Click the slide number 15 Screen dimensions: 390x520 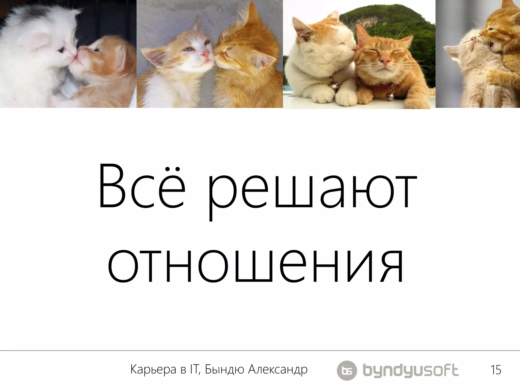496,370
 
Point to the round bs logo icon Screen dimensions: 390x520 347,370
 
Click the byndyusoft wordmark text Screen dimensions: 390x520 411,370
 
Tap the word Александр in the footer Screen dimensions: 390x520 278,370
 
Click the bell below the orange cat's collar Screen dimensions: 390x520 391,96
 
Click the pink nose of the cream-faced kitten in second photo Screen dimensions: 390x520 206,54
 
